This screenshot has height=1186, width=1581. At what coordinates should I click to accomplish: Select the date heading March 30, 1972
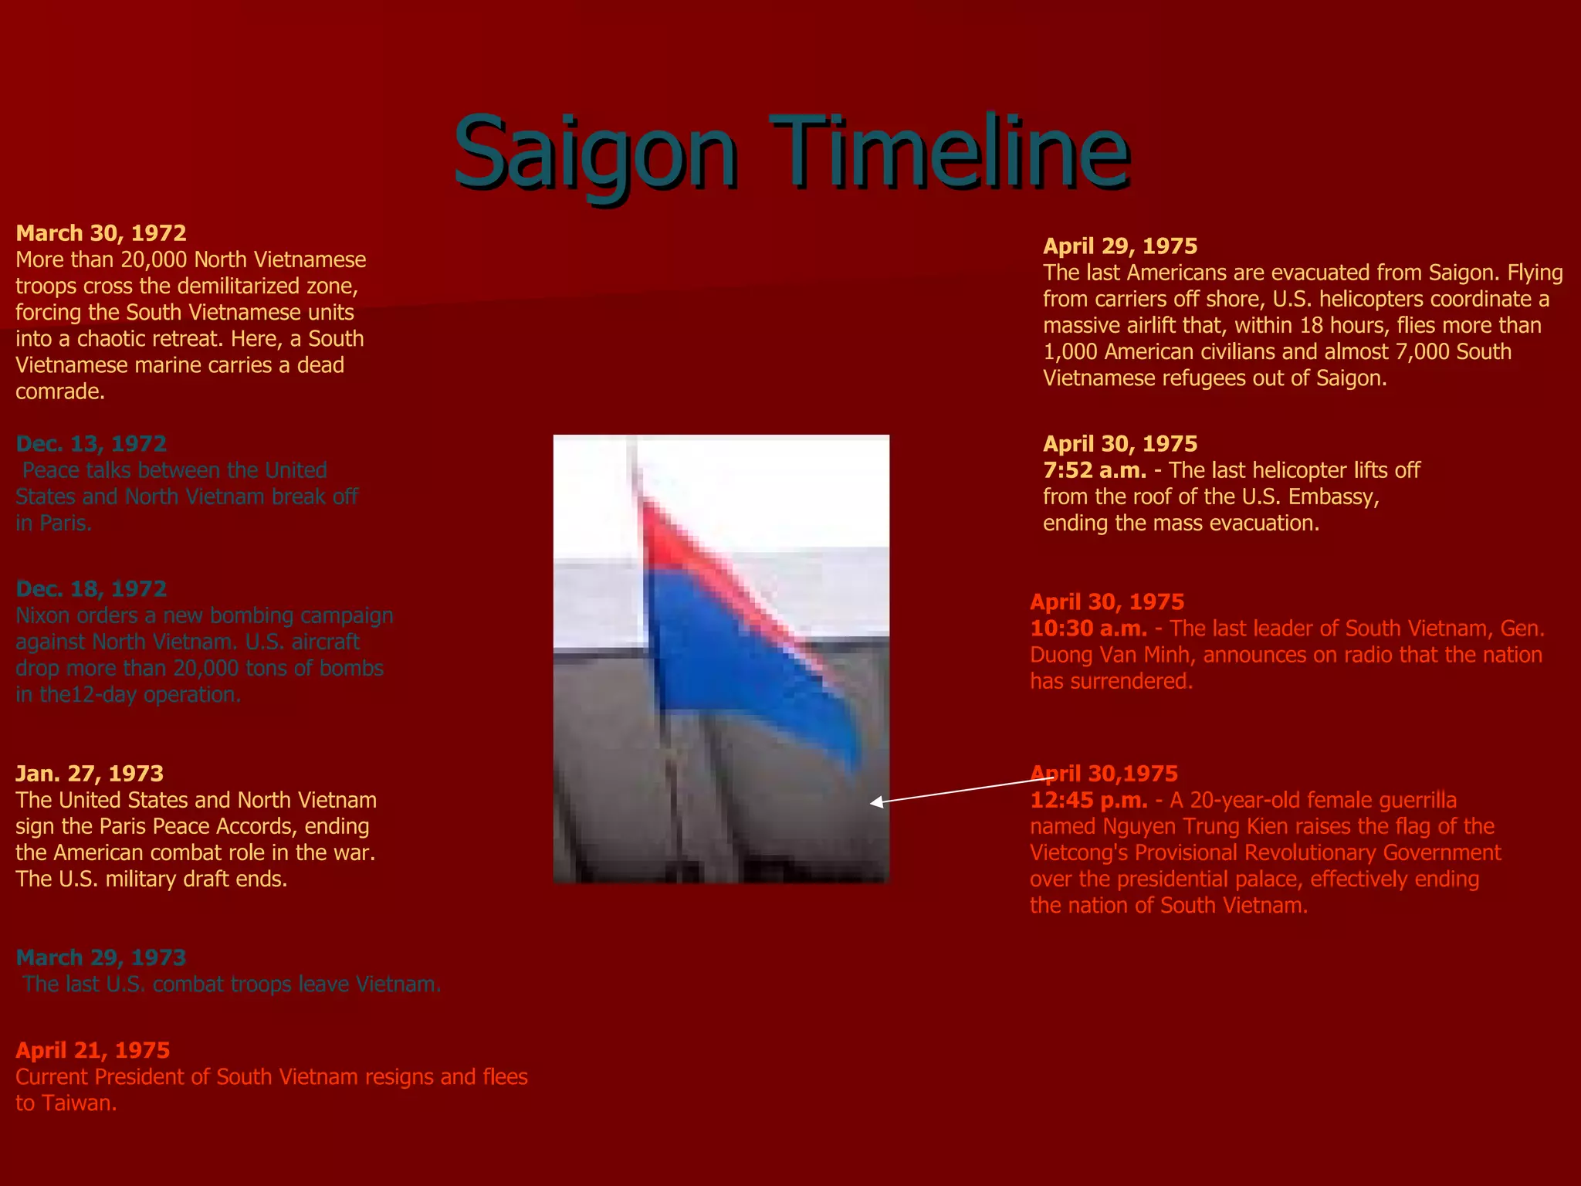101,233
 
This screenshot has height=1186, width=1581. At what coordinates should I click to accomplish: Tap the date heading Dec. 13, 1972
91,444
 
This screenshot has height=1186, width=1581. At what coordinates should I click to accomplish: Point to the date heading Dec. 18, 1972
91,589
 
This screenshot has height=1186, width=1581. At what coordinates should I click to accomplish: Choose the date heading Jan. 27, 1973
90,774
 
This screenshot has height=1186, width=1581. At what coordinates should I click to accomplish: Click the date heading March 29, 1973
101,957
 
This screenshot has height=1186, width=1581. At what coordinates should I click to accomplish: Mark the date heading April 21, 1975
93,1050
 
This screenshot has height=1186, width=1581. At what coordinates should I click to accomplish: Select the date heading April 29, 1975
1120,246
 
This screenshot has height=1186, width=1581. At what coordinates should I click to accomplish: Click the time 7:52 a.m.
1095,470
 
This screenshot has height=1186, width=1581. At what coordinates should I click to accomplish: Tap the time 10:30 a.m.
1088,629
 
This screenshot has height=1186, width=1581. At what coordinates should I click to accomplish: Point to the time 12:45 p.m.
1088,800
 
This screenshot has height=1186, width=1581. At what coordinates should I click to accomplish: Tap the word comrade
59,392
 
